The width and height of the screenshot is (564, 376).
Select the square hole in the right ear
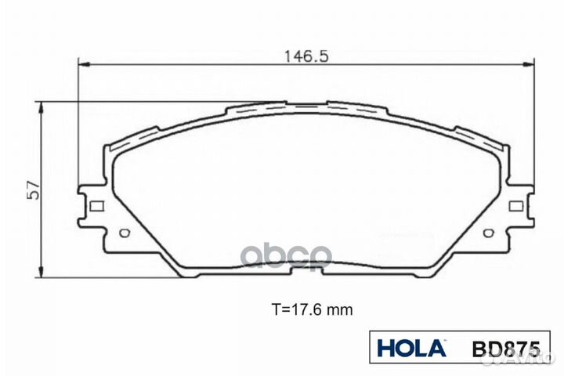pos(515,206)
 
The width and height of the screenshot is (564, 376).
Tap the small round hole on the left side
pos(124,233)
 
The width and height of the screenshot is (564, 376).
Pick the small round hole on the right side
pos(489,233)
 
